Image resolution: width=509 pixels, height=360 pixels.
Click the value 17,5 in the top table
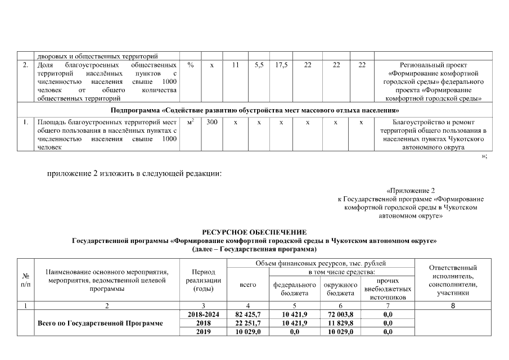point(282,65)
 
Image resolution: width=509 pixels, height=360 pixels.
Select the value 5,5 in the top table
point(259,65)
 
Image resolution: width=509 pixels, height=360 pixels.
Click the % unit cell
point(191,65)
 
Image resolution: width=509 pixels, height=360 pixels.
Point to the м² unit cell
point(191,121)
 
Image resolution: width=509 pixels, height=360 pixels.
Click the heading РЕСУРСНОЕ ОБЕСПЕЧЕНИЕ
point(254,232)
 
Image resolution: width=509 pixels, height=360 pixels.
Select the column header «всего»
point(247,285)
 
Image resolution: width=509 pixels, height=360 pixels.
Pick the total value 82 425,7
point(247,314)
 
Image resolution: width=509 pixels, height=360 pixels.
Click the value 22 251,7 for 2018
point(247,323)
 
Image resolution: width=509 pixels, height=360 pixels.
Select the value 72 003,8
point(341,314)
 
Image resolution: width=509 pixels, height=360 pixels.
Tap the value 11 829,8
point(341,323)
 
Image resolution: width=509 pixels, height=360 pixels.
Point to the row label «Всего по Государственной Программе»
point(100,323)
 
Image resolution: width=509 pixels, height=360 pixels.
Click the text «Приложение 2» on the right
point(411,191)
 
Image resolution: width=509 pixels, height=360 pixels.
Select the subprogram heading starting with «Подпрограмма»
point(254,108)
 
